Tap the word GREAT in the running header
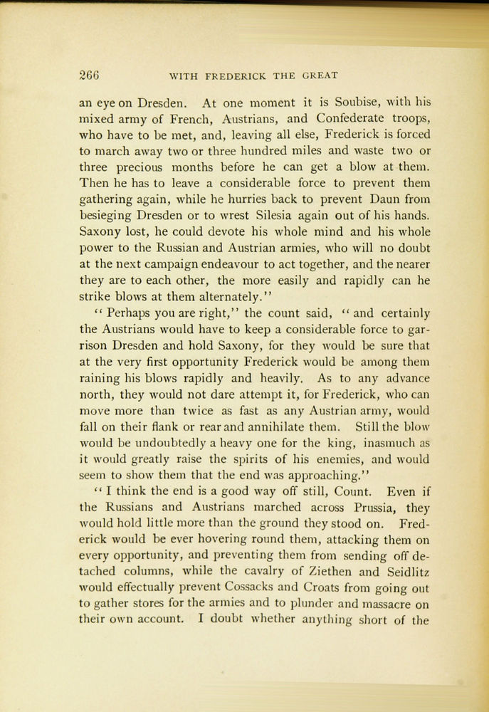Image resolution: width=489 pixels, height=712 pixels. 320,75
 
